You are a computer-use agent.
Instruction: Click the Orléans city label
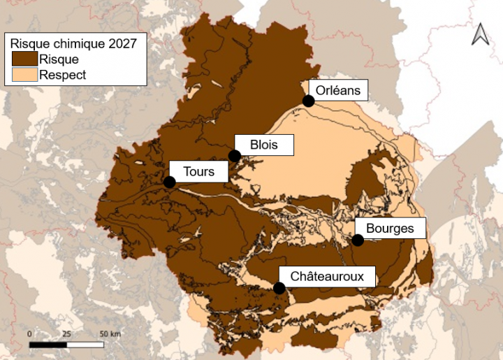tap(337, 90)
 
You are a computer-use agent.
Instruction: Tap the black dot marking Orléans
tap(308, 101)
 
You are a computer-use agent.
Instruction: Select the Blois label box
tap(263, 145)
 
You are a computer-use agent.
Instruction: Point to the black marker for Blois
tap(235, 156)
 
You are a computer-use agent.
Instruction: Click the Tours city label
tap(198, 171)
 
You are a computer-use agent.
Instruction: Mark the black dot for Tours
tap(169, 182)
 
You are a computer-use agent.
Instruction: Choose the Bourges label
tap(389, 229)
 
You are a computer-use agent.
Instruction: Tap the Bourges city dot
tap(358, 240)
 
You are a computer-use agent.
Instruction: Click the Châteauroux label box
tap(327, 276)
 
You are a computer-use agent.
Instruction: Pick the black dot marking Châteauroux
tap(279, 288)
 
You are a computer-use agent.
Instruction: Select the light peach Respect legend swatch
tap(24, 75)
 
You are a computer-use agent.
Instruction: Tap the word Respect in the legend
tap(63, 75)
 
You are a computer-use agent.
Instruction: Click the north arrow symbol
tap(480, 34)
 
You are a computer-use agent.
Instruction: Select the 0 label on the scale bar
tap(29, 333)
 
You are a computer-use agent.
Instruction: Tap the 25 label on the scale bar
tap(67, 333)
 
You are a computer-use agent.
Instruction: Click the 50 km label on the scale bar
tap(110, 333)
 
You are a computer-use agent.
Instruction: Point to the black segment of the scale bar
tap(48, 344)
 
